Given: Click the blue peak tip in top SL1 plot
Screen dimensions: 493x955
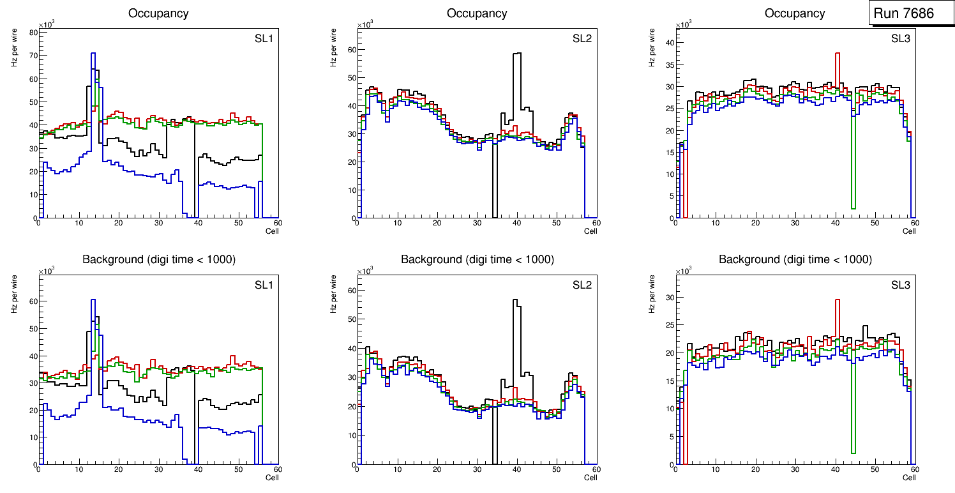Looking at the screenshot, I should (x=93, y=54).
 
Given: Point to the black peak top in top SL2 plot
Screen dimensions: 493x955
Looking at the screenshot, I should (x=517, y=54).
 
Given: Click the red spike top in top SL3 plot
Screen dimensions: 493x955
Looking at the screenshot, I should (x=837, y=54).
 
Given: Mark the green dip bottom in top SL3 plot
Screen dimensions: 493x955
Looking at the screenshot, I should (x=853, y=208).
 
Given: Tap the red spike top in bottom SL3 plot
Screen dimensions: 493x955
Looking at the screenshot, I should (x=837, y=300).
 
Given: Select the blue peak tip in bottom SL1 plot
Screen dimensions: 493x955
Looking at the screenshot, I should (x=93, y=300).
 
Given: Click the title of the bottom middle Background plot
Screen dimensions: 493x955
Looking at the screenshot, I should (x=477, y=259).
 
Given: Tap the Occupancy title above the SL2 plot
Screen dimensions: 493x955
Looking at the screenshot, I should (x=477, y=13).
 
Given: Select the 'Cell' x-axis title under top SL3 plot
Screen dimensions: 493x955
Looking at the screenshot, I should (x=909, y=231).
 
